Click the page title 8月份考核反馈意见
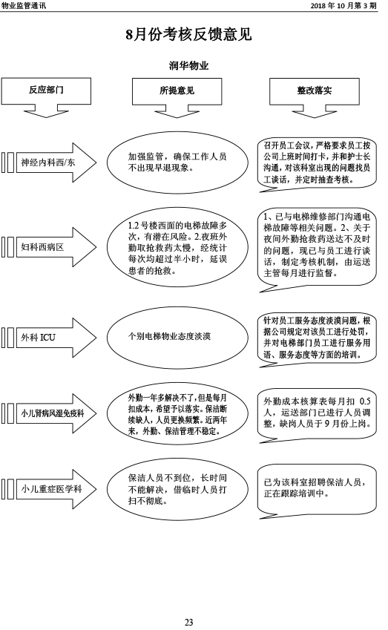(x=188, y=35)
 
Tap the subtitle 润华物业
(x=188, y=65)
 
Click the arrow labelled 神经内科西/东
(x=49, y=163)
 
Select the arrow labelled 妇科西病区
(x=49, y=246)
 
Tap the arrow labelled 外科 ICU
(x=49, y=338)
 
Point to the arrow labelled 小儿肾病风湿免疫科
(x=49, y=413)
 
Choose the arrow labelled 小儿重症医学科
(x=49, y=489)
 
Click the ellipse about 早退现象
(x=177, y=163)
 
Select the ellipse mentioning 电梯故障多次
(x=177, y=248)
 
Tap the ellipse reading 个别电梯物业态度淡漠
(x=177, y=337)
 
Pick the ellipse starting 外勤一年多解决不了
(x=177, y=414)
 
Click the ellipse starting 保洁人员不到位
(x=177, y=489)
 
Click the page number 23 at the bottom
(x=188, y=623)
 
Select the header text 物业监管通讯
(x=24, y=6)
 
